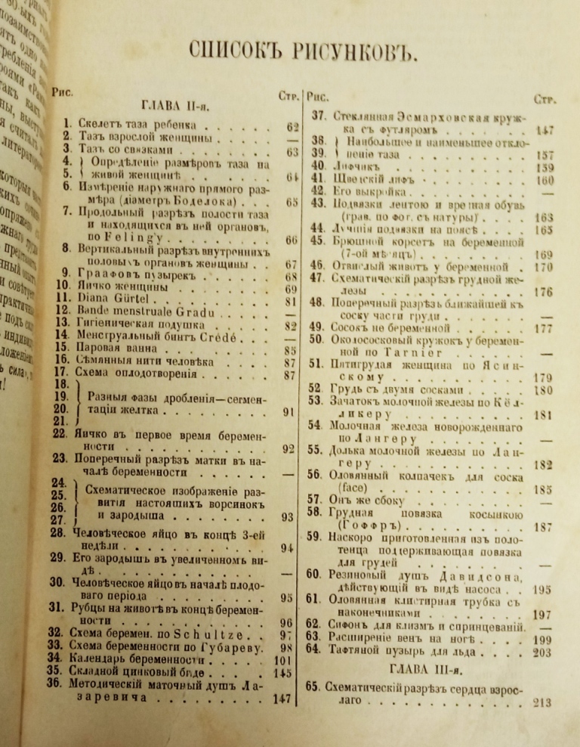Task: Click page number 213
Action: tap(541, 702)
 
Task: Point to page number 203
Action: tap(541, 652)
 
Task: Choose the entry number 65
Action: tap(314, 687)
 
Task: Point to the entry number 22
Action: tap(60, 435)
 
